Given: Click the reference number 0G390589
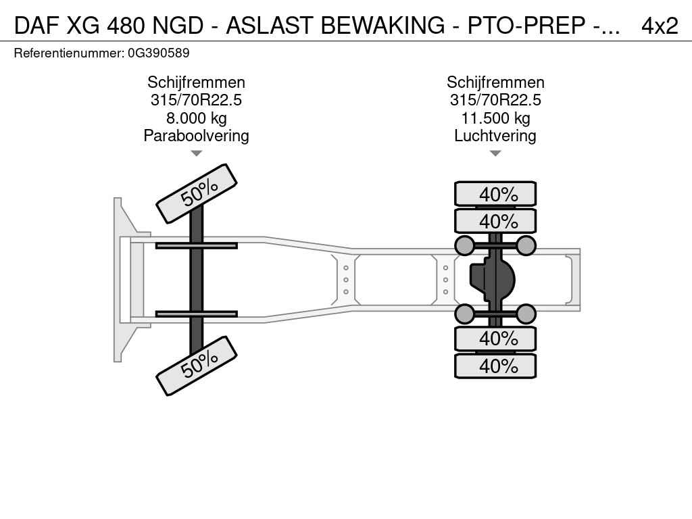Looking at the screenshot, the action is coord(158,53).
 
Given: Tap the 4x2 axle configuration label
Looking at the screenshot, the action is coord(660,26).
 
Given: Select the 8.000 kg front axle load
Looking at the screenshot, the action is coord(197,118).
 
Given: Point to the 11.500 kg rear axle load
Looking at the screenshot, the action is coord(495,118).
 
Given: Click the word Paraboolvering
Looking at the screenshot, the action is coord(197,135).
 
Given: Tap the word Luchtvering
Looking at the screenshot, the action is coord(495,135).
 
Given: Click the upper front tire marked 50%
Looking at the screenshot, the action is coord(197,194).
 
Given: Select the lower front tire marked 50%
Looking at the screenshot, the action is coord(197,366).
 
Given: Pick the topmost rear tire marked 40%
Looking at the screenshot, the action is coord(495,194).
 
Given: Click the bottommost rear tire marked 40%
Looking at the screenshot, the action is coord(495,366).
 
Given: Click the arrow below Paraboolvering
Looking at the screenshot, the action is coord(197,153).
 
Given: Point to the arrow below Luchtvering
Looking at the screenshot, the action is coord(495,153).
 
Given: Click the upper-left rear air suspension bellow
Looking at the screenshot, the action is coord(465,245).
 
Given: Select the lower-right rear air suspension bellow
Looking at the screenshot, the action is coord(526,314).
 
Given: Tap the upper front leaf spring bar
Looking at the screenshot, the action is coord(197,245).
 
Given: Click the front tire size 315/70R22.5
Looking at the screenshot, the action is coord(197,100).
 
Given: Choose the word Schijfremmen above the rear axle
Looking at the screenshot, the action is coord(495,82).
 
